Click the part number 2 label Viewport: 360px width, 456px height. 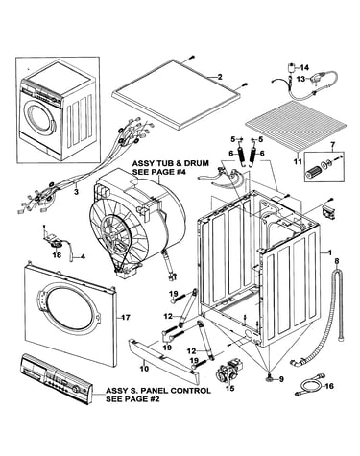220,77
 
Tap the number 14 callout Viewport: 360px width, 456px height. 304,68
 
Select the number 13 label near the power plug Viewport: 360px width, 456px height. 300,79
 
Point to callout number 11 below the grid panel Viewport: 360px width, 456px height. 298,162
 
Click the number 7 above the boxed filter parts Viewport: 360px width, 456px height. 333,146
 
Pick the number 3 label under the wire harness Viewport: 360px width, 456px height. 76,192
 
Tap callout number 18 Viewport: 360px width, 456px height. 57,254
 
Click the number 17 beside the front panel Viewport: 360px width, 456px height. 126,318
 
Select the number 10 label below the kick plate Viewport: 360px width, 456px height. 144,369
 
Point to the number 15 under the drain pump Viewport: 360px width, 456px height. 230,389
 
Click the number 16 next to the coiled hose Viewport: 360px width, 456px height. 329,386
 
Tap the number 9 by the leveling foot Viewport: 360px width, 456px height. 281,379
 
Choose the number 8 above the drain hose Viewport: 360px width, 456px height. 336,261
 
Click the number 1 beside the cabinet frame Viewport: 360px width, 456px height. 329,252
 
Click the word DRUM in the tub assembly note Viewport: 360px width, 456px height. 198,163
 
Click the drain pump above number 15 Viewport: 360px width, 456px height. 229,372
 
